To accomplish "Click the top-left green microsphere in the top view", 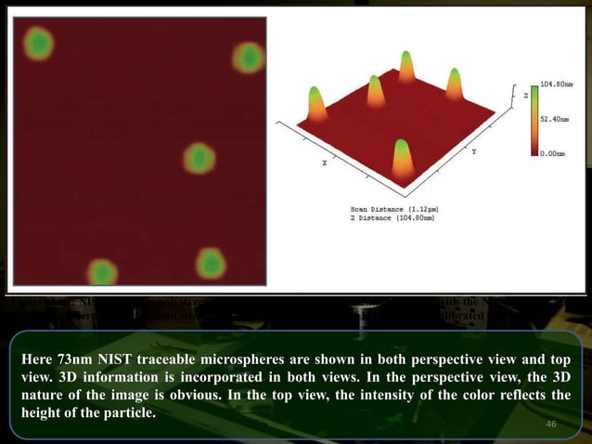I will pyautogui.click(x=38, y=43).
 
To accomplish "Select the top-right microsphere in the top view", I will pyautogui.click(x=249, y=58).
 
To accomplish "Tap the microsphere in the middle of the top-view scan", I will pyautogui.click(x=199, y=158).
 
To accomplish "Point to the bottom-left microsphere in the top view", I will pyautogui.click(x=102, y=272).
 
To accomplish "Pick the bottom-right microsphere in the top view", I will pyautogui.click(x=211, y=263).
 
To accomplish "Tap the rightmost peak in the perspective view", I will pyautogui.click(x=455, y=84).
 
